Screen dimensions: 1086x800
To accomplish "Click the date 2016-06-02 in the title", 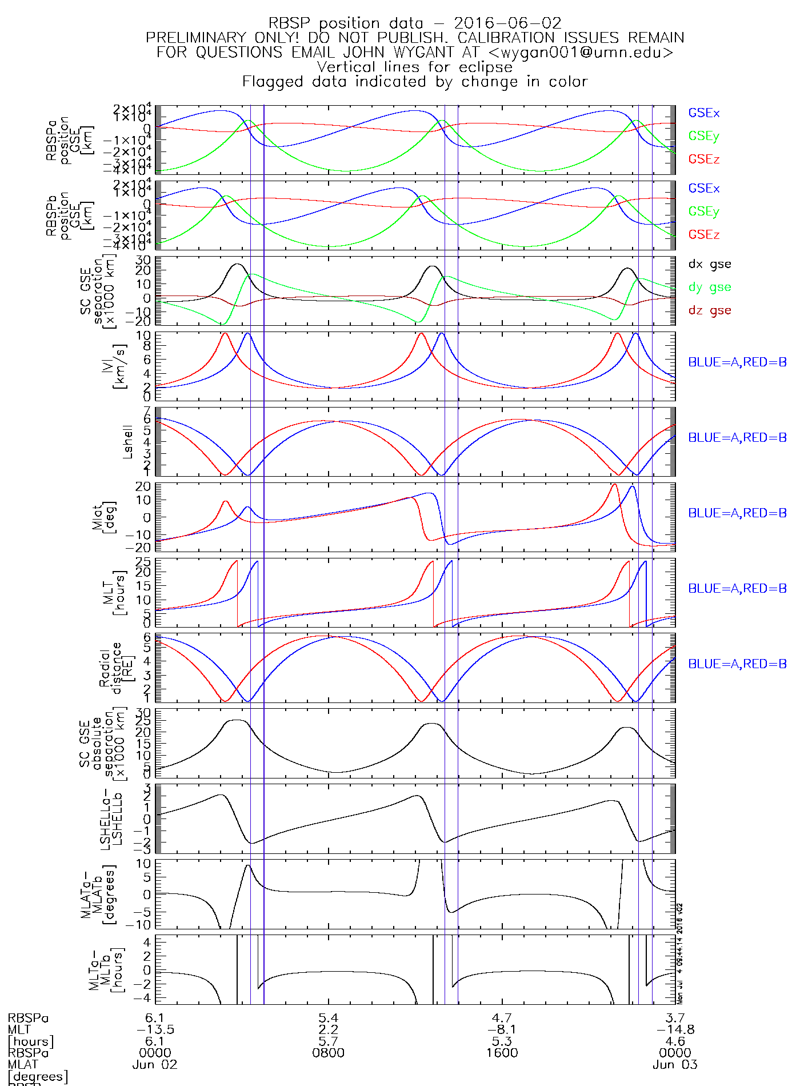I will (x=507, y=23).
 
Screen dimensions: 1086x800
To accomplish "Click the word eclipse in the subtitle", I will (x=485, y=67).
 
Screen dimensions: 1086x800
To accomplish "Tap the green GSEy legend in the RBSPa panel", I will (x=703, y=136).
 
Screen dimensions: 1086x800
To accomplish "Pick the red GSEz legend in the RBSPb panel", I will (x=703, y=234).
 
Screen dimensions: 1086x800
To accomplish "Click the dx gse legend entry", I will (x=709, y=264).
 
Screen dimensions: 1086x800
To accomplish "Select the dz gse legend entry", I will (x=709, y=310).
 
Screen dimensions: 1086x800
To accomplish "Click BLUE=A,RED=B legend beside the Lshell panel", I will (x=737, y=437).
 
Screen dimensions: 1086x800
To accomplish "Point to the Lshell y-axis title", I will (x=127, y=441).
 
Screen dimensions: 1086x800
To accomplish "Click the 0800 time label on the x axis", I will (x=329, y=1052).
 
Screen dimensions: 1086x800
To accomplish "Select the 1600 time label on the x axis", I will (x=502, y=1052).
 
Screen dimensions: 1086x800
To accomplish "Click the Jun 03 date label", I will (x=675, y=1064).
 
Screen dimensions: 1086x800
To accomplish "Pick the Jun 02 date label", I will (x=155, y=1064).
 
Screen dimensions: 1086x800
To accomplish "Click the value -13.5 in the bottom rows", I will (x=155, y=1029).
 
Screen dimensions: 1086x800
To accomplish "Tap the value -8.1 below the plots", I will (x=502, y=1029).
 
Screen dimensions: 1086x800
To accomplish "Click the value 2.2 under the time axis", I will (x=329, y=1029).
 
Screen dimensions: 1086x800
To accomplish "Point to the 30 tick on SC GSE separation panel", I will (x=143, y=261).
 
